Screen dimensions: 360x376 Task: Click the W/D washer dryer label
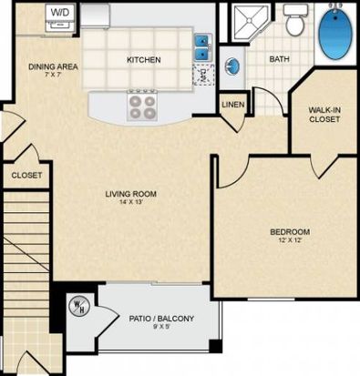pos(60,13)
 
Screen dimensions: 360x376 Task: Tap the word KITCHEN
pos(144,60)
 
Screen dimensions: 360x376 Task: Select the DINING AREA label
pos(53,66)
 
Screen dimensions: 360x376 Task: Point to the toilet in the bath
pos(295,20)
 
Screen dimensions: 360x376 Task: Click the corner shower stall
pos(250,22)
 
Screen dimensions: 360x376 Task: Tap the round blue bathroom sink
pos(232,66)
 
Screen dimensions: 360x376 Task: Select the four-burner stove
pos(142,107)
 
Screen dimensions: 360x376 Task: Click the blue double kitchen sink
pos(201,47)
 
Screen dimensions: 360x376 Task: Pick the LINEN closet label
pos(233,105)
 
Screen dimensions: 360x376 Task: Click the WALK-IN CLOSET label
pos(324,115)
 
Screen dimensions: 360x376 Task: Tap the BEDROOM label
pos(290,232)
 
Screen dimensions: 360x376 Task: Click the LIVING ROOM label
pos(131,194)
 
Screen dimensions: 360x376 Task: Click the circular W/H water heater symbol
pos(79,306)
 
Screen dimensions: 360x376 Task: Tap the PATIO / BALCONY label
pos(161,319)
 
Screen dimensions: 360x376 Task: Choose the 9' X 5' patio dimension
pos(161,327)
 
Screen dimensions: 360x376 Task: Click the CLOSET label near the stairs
pos(26,176)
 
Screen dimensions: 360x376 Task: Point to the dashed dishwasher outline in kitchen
pos(203,75)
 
